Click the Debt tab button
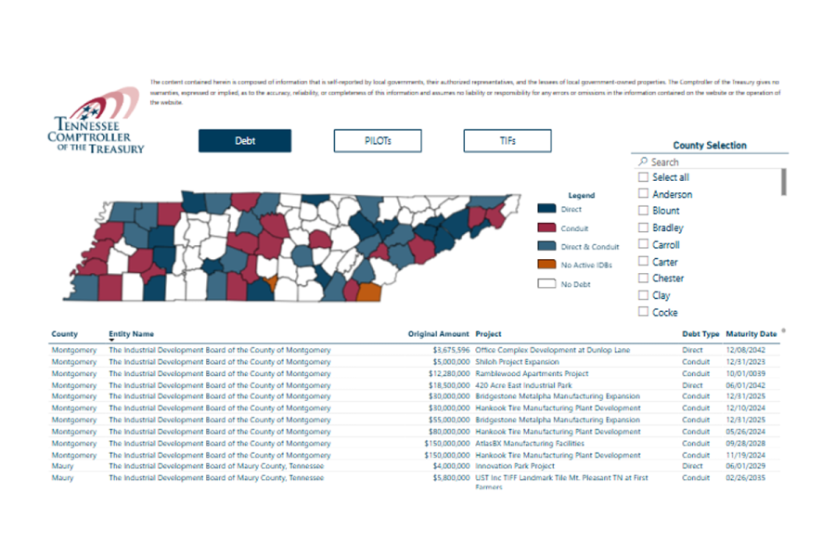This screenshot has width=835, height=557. (244, 141)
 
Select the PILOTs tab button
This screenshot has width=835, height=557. (378, 141)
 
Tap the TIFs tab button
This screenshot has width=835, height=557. (507, 141)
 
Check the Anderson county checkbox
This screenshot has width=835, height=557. (643, 194)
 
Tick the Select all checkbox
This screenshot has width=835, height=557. (643, 177)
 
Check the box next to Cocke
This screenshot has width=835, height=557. (643, 313)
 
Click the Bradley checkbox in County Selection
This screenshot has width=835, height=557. (643, 228)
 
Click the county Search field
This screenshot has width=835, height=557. (710, 162)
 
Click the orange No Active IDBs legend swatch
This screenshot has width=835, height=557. (546, 266)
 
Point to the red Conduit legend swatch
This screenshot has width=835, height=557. (546, 228)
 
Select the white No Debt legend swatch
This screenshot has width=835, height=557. (546, 284)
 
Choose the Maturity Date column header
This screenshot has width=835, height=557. (751, 334)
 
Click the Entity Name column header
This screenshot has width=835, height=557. (132, 334)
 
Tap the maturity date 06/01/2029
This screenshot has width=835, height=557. (747, 467)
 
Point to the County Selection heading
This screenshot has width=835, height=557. (710, 146)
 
